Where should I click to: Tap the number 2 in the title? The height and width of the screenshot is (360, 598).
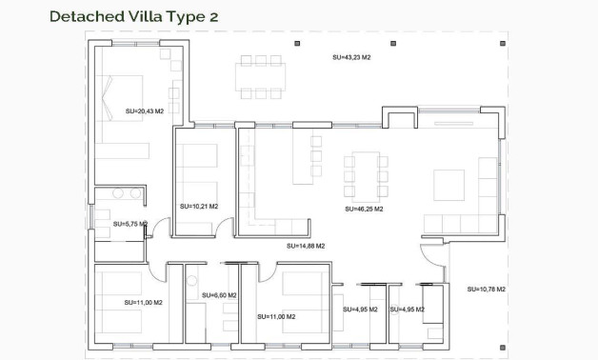coord(213,16)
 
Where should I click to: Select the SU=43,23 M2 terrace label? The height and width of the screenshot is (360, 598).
coord(351,57)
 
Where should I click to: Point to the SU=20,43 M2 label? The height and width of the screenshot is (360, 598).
coord(145,111)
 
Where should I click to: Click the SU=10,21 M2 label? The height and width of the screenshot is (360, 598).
coord(199,206)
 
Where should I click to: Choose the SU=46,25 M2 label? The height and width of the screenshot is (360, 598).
coord(364,209)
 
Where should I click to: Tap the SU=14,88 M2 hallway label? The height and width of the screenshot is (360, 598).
coord(306,246)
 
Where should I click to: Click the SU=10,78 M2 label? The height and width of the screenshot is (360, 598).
coord(486,289)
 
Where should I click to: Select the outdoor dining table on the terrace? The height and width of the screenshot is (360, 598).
coord(260,77)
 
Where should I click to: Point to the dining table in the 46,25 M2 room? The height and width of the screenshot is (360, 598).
coord(366,174)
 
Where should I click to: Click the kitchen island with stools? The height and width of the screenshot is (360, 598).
coord(304,159)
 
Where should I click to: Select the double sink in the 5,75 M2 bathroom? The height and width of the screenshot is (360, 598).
coord(126,193)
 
